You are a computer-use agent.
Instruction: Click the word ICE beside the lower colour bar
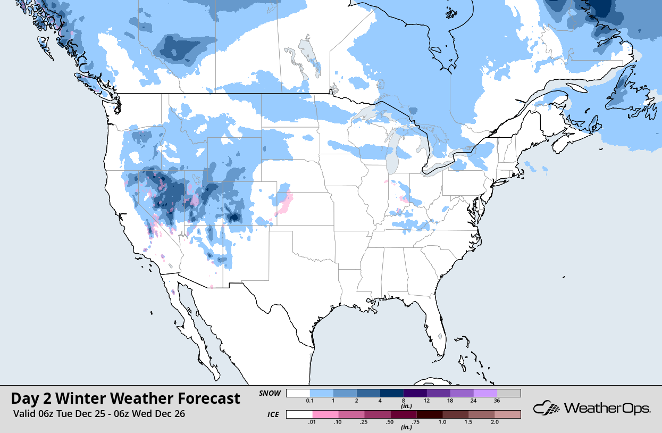point(273,414)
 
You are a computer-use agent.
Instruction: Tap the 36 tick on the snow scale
point(497,400)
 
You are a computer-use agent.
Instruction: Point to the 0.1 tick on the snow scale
point(310,400)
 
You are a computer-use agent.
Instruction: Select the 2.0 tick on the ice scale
point(495,421)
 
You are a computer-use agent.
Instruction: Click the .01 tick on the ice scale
point(313,421)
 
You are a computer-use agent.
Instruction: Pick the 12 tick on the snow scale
point(427,400)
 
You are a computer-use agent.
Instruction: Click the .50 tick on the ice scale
point(391,421)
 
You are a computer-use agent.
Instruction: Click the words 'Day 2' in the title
point(31,398)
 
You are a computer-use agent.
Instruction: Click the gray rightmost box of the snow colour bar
point(509,393)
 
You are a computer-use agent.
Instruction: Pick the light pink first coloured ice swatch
point(325,414)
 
